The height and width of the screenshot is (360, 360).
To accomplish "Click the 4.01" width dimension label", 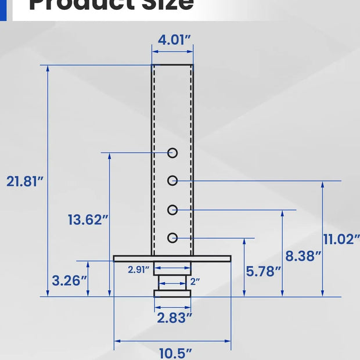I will (x=172, y=40).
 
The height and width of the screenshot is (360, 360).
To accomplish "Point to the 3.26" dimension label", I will (x=70, y=280).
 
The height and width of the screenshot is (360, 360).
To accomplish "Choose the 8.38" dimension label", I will (x=303, y=255).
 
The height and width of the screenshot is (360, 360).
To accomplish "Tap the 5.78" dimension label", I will (x=263, y=271).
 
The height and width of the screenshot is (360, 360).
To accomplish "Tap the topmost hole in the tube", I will (x=172, y=153).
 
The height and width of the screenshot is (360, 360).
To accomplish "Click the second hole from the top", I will (x=172, y=181).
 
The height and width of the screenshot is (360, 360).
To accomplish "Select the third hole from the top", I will (x=172, y=210).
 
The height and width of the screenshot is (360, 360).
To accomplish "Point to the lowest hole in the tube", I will (x=172, y=237).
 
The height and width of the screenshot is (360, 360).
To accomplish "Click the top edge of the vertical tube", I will (x=172, y=65).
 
